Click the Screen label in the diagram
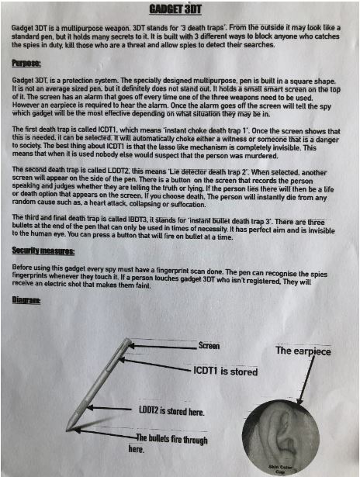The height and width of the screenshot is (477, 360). coord(210,345)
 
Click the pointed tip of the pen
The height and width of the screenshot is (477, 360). coord(67,429)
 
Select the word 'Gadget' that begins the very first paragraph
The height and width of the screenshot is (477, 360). coord(23,28)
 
